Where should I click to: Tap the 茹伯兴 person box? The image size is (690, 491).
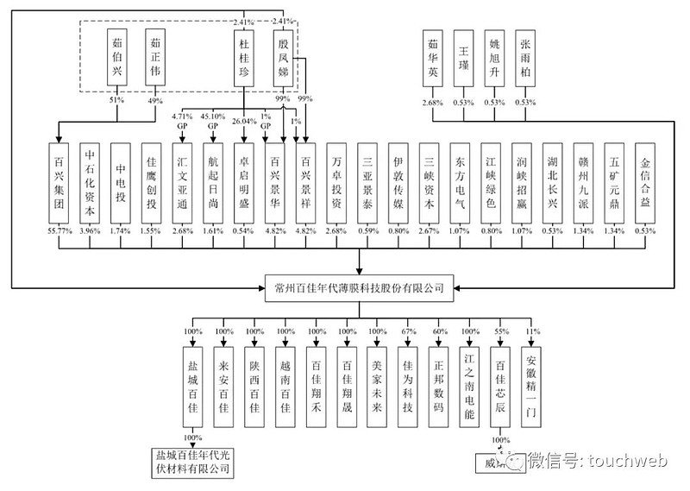115,59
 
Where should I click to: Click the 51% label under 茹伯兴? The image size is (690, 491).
115,101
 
